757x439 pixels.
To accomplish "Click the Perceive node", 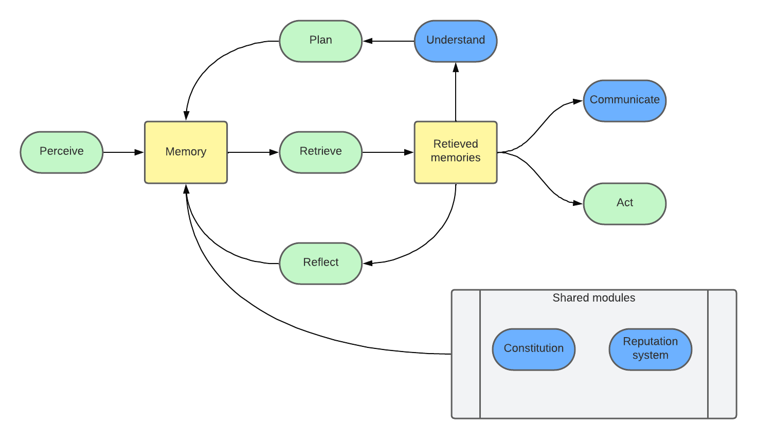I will pyautogui.click(x=62, y=152).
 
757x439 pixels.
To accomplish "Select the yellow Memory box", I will pyautogui.click(x=186, y=152).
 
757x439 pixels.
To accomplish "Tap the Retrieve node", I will pyautogui.click(x=320, y=152).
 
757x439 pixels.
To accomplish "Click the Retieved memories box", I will pyautogui.click(x=456, y=152).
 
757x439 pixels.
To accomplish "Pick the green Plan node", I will pyautogui.click(x=320, y=41).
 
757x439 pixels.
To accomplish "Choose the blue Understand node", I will pyautogui.click(x=456, y=41).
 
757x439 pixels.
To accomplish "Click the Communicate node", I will pyautogui.click(x=624, y=100).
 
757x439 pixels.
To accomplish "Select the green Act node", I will pyautogui.click(x=624, y=203).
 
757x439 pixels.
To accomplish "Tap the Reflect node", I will pyautogui.click(x=320, y=263).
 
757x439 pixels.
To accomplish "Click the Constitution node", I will pyautogui.click(x=533, y=349).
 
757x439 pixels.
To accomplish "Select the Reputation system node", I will pyautogui.click(x=650, y=349).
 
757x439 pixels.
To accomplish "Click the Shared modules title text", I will pyautogui.click(x=593, y=298).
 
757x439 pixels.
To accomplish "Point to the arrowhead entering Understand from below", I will pyautogui.click(x=456, y=67).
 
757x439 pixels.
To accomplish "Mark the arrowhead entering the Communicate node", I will pyautogui.click(x=578, y=101).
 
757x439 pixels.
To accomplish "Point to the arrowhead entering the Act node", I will pyautogui.click(x=578, y=203).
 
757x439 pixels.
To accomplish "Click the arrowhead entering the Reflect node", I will pyautogui.click(x=368, y=263).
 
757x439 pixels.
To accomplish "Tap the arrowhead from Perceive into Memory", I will pyautogui.click(x=139, y=152).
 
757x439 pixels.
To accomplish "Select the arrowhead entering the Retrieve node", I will pyautogui.click(x=274, y=152).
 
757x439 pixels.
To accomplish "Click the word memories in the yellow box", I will pyautogui.click(x=456, y=158).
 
